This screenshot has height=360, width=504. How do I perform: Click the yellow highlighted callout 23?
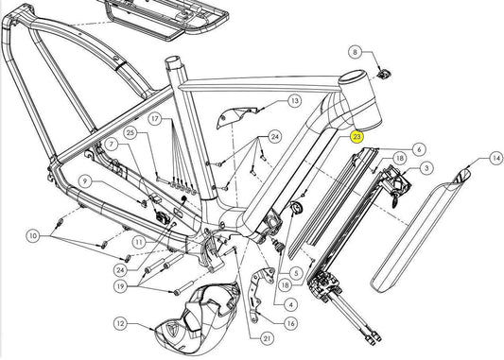tap(356, 137)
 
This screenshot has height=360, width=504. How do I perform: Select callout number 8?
tap(355, 52)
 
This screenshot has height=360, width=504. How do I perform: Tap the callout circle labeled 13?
tap(295, 101)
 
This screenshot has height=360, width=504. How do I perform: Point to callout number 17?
tap(155, 119)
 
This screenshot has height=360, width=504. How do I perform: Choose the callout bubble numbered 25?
tap(130, 132)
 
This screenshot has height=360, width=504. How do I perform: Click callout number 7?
tap(112, 144)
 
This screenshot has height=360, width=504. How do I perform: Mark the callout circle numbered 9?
tap(85, 181)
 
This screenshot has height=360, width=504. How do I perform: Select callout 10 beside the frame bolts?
tap(33, 236)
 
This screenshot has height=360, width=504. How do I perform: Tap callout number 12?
tap(120, 323)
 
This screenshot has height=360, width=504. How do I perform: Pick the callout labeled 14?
tap(496, 158)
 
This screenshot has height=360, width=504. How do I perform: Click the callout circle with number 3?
tap(426, 168)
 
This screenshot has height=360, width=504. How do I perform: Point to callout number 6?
tap(419, 149)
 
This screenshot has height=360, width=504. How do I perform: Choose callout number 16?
tap(290, 323)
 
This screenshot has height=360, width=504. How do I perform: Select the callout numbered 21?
tap(267, 338)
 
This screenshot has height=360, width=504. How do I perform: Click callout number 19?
tap(120, 286)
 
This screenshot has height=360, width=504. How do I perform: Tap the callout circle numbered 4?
tap(291, 304)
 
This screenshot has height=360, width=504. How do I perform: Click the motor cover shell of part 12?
tap(196, 317)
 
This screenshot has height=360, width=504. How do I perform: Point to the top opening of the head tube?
tap(355, 78)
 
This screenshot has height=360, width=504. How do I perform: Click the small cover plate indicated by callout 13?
tap(236, 116)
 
